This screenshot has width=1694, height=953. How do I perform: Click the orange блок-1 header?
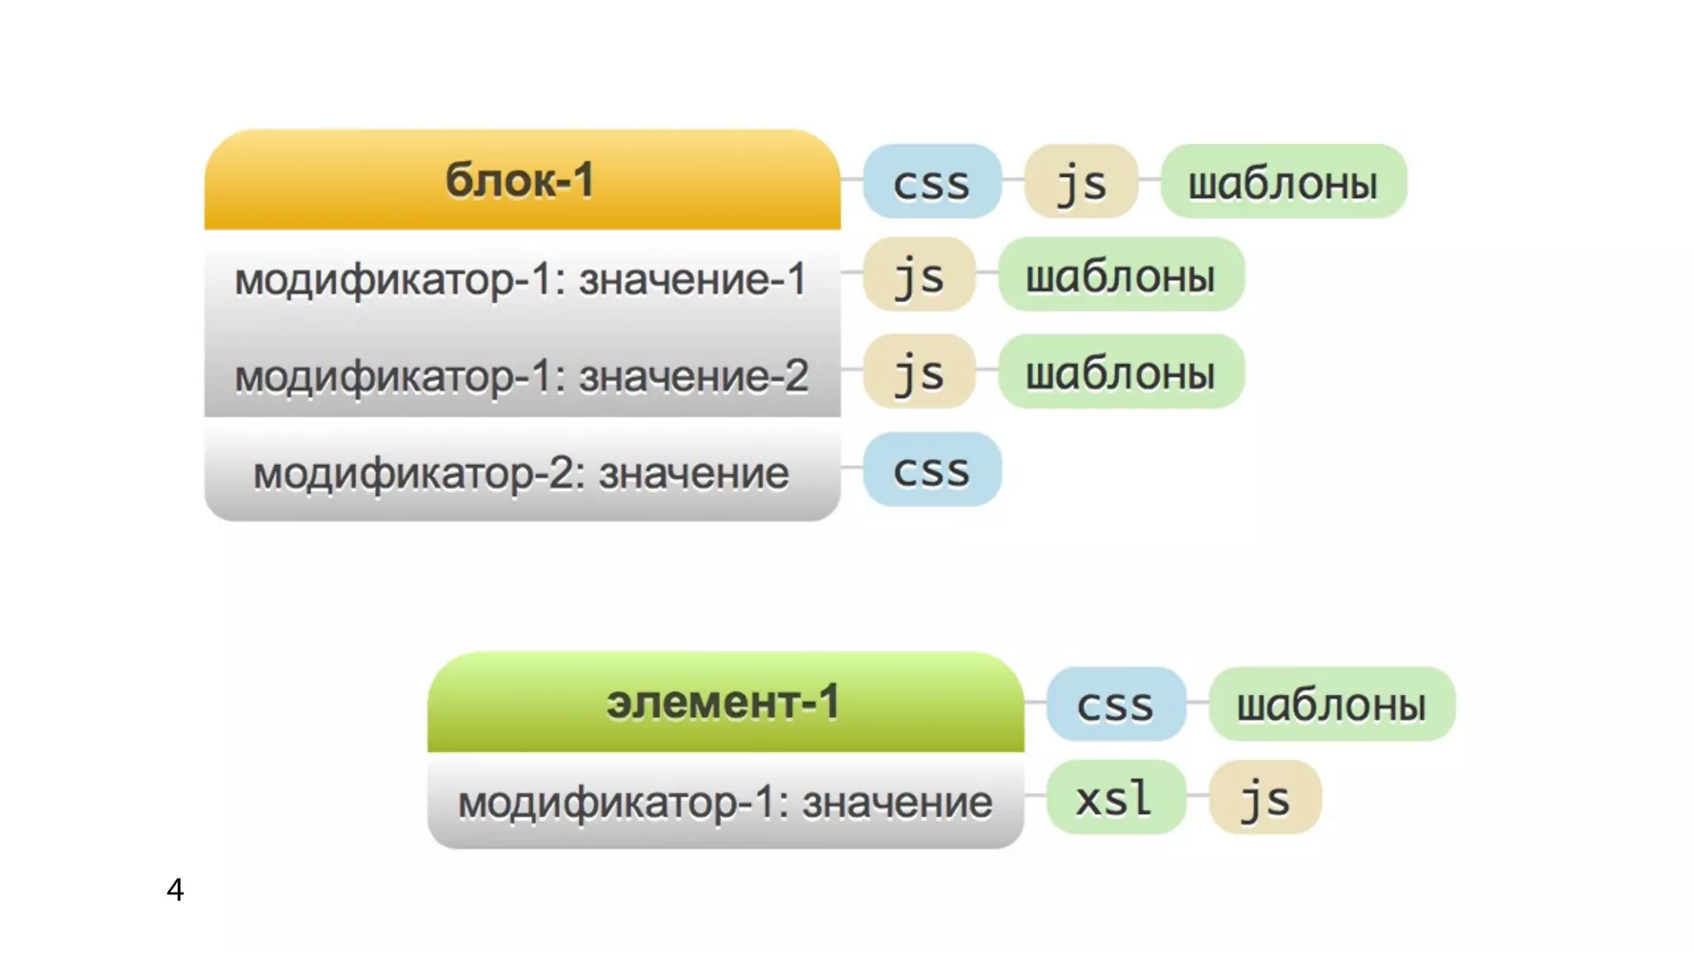[x=522, y=180]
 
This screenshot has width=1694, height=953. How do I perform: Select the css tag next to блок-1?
[x=931, y=182]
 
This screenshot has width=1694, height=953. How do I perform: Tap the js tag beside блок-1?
[x=1081, y=182]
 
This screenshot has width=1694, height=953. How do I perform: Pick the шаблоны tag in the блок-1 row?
[x=1283, y=182]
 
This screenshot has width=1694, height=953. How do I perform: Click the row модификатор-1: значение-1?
[x=521, y=279]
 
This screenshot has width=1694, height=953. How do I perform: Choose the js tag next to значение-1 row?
[x=919, y=275]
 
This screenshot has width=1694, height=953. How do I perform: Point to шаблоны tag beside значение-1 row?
[x=1121, y=275]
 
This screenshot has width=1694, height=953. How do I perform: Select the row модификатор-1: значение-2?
[x=521, y=376]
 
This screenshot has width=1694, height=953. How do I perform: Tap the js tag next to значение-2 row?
[x=919, y=371]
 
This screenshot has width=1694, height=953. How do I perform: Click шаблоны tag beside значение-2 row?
[x=1121, y=371]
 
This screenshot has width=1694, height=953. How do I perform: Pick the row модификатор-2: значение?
[x=521, y=473]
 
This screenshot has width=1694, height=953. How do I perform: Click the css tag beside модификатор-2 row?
[x=931, y=470]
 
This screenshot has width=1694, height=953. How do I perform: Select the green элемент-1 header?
[x=725, y=702]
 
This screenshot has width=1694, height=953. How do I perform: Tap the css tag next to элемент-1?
[x=1115, y=704]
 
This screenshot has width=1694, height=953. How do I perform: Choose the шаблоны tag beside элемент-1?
[x=1331, y=704]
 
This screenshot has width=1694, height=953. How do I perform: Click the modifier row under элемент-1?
[x=725, y=802]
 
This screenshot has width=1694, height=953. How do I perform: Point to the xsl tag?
[x=1115, y=797]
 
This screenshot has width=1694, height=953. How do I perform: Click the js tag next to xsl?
[x=1265, y=797]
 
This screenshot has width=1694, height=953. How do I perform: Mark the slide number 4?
[x=175, y=889]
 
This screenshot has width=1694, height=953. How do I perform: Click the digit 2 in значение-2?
[x=794, y=376]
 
